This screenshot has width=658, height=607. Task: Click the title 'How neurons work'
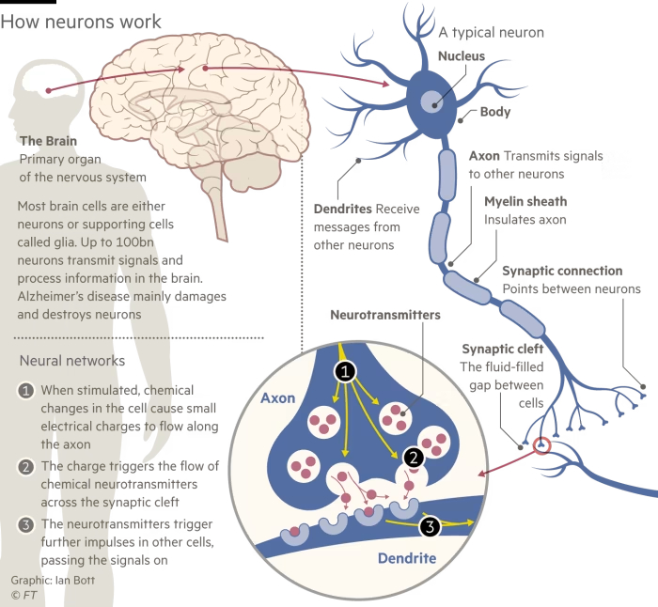point(81,22)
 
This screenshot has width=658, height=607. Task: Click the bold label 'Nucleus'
point(462,56)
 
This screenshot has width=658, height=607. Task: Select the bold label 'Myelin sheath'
point(525,201)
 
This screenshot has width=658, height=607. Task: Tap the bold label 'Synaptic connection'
point(562,271)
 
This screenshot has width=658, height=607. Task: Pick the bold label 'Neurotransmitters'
point(385,316)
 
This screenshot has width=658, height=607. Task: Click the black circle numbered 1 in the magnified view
point(345,372)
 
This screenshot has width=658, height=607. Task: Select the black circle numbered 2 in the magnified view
point(413,458)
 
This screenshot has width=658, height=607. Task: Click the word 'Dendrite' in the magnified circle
point(407,558)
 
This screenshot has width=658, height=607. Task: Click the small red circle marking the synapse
point(541,445)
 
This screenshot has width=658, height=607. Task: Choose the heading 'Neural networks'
point(72,360)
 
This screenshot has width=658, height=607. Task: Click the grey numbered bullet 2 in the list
point(26,466)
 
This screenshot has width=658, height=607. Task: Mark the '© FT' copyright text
point(24,595)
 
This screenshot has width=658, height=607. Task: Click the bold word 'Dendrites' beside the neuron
point(342,208)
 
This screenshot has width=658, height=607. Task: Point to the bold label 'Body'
point(495,112)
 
